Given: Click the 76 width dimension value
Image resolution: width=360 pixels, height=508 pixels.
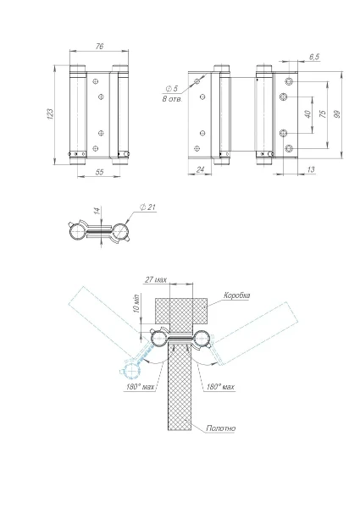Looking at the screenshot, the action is coord(99,47).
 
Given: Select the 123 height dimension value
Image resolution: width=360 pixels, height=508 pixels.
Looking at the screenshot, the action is coord(51,114).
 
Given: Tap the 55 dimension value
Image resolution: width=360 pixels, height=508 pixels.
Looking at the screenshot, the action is coord(99,172).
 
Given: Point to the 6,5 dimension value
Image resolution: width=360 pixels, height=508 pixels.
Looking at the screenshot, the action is coord(314,57).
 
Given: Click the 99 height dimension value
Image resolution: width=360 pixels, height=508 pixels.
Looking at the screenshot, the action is coord(337,114).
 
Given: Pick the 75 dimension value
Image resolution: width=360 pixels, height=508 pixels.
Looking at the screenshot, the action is coord(323,113).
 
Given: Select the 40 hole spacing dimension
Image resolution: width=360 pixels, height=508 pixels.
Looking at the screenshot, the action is coord(307,114).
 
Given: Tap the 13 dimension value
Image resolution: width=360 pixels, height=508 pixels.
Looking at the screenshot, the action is coord(310,169).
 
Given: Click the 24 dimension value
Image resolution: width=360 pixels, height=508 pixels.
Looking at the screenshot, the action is coord(200,169).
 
